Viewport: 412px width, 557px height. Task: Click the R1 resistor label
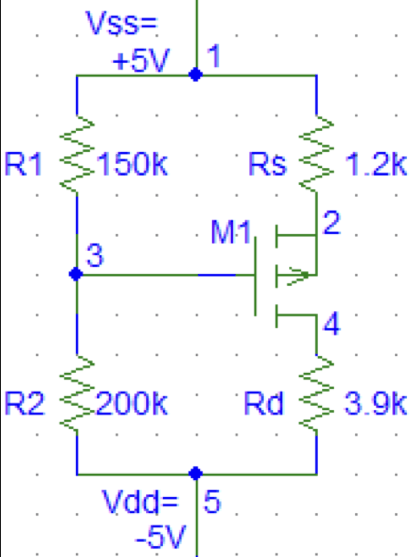23,164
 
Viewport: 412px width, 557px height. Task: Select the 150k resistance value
131,164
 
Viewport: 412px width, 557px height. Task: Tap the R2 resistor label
24,403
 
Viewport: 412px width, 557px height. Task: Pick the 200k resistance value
131,403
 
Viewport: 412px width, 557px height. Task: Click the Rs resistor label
267,164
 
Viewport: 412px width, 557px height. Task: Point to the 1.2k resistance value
375,164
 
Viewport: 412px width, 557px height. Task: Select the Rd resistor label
264,403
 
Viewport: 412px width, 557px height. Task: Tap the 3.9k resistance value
375,403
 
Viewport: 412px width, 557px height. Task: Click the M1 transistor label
231,232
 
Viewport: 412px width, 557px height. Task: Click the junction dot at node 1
196,75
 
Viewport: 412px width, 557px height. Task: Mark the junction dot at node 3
76,274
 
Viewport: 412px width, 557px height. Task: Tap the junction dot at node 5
196,474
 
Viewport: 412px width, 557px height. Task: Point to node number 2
332,223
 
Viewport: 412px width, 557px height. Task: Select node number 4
332,324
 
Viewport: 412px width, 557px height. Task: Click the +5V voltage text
141,61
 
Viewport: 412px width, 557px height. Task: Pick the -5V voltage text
161,537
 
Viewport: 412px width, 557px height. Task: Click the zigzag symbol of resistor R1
77,154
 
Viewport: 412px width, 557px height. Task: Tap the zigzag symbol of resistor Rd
316,394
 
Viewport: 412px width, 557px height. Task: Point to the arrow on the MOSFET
297,275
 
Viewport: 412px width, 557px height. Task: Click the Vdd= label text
140,501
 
